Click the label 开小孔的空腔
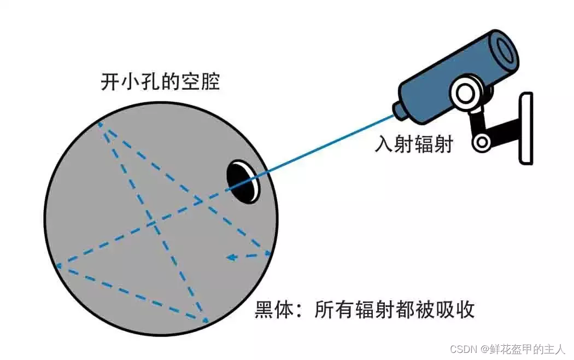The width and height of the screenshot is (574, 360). click(160, 82)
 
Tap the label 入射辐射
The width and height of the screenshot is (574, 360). click(413, 143)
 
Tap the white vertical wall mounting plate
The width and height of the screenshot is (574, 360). click(525, 128)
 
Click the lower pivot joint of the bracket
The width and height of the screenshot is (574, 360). click(482, 143)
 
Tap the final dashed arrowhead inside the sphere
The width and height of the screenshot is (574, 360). click(231, 257)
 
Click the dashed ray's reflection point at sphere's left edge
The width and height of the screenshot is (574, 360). click(57, 266)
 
